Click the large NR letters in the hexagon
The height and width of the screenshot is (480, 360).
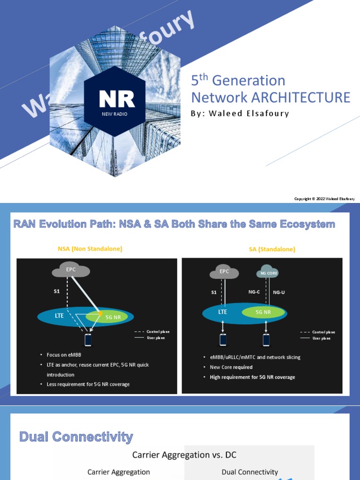coord(117,98)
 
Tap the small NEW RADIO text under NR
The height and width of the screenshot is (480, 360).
coord(115,114)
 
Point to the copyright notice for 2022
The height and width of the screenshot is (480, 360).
coord(324,199)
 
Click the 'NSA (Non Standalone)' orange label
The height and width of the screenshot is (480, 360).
coord(90,249)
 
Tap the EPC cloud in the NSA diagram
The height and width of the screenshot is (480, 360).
coord(71,270)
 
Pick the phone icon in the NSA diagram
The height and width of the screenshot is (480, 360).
coord(88,339)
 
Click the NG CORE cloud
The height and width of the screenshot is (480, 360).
coord(269,273)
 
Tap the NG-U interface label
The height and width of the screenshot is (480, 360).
coord(279,292)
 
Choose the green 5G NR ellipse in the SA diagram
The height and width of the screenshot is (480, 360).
coord(263,312)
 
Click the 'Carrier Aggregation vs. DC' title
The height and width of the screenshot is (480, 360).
coord(184,455)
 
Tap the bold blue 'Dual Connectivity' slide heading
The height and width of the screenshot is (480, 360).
coord(76,437)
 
